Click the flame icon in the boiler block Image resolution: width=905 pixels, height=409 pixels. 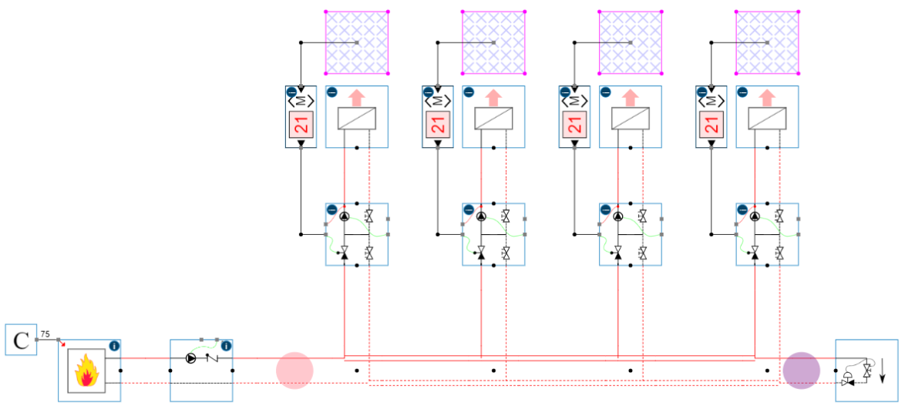click(x=89, y=370)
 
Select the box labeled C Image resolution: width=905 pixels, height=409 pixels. click(x=22, y=340)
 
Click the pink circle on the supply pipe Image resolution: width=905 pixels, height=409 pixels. click(x=294, y=370)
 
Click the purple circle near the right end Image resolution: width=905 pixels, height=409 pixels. click(x=801, y=370)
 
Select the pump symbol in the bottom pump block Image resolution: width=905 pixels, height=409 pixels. click(x=191, y=358)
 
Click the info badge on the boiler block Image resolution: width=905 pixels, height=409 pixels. click(x=114, y=346)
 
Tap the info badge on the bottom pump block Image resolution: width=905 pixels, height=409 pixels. click(x=226, y=346)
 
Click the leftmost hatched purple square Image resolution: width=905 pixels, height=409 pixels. click(x=356, y=42)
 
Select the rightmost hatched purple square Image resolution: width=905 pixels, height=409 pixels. click(x=767, y=42)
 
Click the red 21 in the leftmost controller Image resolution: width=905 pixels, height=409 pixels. click(x=301, y=124)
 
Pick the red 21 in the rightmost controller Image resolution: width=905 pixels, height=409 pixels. click(x=712, y=124)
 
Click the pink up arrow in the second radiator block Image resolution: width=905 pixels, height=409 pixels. click(x=493, y=98)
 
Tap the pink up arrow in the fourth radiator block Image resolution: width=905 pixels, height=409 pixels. click(x=766, y=98)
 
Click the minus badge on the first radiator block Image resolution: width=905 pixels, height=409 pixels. click(x=331, y=92)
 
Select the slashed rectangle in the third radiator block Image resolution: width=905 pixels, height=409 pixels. click(x=631, y=118)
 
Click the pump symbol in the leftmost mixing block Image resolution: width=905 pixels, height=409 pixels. click(x=345, y=216)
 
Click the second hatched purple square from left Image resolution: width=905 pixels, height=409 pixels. click(x=493, y=42)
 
